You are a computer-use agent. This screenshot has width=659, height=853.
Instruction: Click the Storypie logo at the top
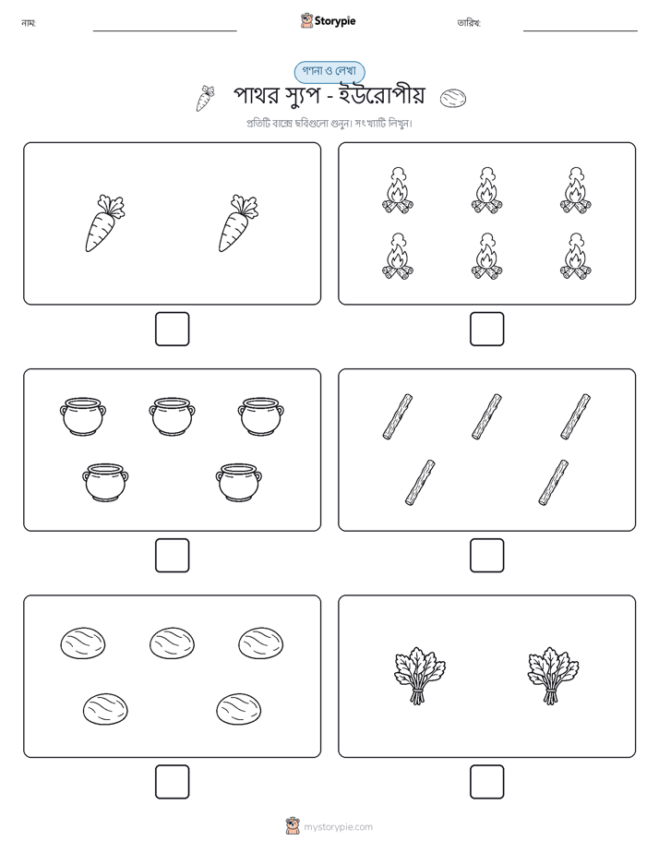[328, 20]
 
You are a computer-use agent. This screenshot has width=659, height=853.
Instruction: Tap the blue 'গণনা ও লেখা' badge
[329, 71]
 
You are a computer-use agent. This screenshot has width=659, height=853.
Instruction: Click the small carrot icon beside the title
[205, 98]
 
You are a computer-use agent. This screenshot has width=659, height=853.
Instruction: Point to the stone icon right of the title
[453, 98]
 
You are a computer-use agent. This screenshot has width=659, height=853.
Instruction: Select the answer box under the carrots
[173, 329]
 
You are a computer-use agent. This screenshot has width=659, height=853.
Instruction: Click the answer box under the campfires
[486, 329]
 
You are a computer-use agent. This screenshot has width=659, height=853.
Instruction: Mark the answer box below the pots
[173, 555]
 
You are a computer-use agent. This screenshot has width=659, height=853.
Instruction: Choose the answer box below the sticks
[486, 555]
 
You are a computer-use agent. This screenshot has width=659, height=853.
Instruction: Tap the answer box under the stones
[173, 781]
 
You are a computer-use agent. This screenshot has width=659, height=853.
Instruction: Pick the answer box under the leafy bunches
[486, 781]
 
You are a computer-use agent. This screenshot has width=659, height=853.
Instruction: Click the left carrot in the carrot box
[104, 223]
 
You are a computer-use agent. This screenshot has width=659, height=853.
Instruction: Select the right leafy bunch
[553, 676]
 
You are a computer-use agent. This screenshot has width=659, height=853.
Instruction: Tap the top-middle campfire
[486, 190]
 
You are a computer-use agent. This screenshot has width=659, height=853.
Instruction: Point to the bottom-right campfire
[576, 257]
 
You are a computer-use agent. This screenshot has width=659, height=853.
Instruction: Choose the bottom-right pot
[239, 482]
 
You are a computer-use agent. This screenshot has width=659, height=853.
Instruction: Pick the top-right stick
[576, 416]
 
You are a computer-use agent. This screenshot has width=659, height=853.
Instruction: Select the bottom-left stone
[105, 709]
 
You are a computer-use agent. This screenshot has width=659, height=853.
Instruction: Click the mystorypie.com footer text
[338, 827]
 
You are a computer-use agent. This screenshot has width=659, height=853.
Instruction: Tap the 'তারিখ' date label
[469, 23]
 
